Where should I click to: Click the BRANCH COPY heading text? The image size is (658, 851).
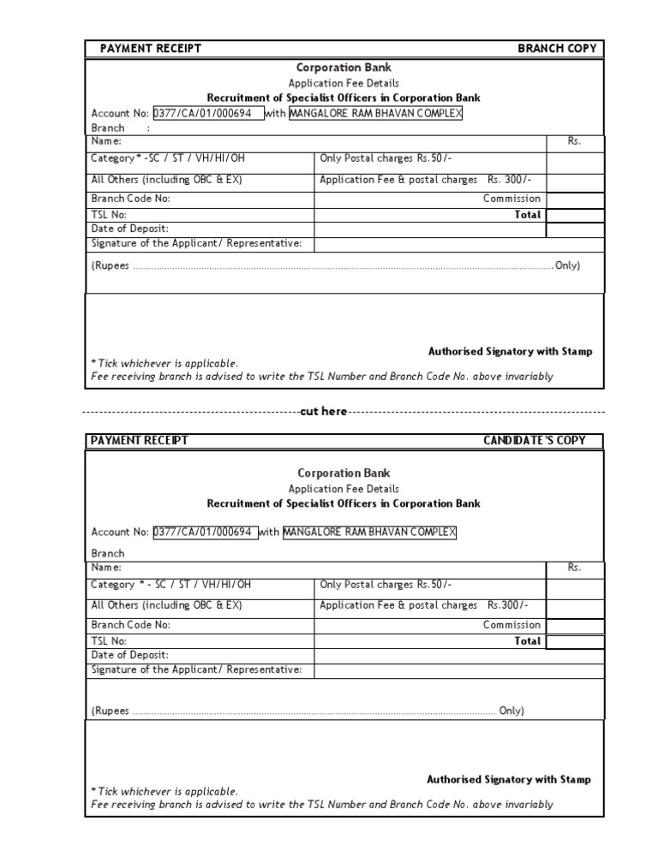[557, 49]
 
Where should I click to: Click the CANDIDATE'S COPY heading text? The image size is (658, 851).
[535, 441]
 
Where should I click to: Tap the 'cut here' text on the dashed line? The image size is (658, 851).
[324, 412]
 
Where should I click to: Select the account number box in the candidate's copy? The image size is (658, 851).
[204, 533]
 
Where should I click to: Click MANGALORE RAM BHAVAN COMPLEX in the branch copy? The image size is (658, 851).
[375, 113]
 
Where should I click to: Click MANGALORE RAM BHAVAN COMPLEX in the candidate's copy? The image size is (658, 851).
[369, 533]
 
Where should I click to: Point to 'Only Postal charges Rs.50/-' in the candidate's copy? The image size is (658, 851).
[386, 585]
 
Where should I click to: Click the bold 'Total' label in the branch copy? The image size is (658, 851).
[527, 215]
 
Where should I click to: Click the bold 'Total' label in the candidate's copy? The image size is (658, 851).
[527, 641]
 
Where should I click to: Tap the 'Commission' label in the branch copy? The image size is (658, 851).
[511, 199]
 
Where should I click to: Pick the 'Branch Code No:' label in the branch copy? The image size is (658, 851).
[130, 199]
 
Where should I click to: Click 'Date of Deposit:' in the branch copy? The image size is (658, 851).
[129, 229]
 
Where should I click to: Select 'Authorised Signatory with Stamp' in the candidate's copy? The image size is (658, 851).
[509, 780]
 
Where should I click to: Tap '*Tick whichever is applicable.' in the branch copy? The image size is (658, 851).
[164, 363]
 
